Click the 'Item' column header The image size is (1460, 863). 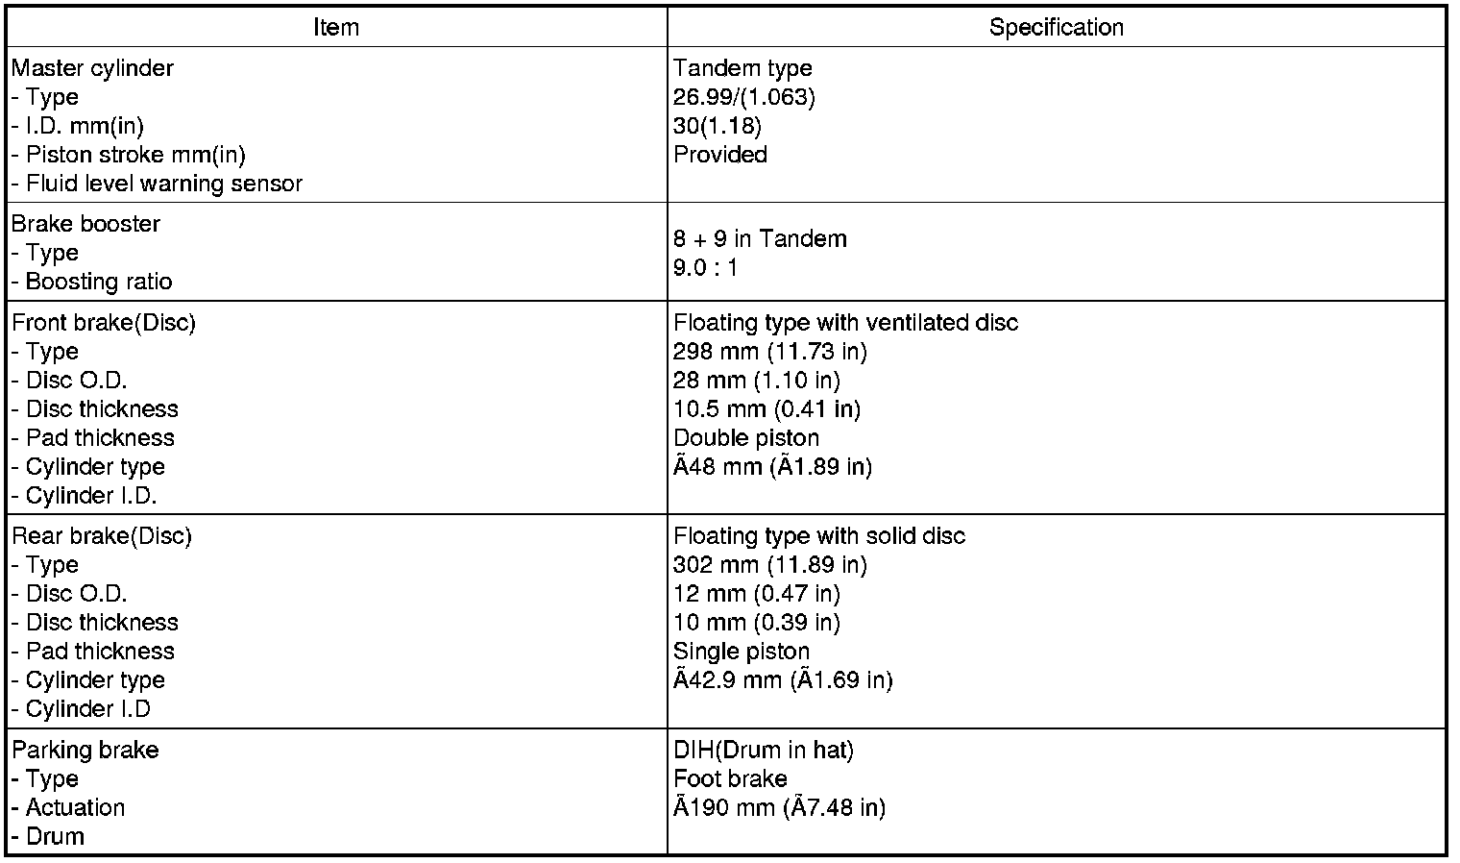click(336, 28)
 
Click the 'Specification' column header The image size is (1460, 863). click(1056, 28)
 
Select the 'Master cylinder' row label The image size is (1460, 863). click(92, 68)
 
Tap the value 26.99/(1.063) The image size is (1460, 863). click(743, 97)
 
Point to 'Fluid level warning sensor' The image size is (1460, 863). click(163, 184)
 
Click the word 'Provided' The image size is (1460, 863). click(719, 155)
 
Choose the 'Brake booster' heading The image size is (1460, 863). click(85, 224)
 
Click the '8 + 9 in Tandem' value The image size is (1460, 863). click(760, 238)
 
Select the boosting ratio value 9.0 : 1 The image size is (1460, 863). click(706, 267)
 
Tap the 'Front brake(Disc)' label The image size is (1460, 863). click(103, 323)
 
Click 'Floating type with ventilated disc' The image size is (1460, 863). click(845, 323)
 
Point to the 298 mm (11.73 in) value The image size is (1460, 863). click(769, 352)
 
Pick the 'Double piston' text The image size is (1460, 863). click(746, 438)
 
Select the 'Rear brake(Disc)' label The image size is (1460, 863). click(101, 536)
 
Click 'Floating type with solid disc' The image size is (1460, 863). click(818, 536)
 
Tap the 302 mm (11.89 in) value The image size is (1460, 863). click(769, 565)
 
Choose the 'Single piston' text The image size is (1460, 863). click(742, 652)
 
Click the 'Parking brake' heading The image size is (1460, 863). click(85, 750)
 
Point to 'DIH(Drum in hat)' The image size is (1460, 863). click(763, 750)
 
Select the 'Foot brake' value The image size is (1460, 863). click(730, 778)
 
